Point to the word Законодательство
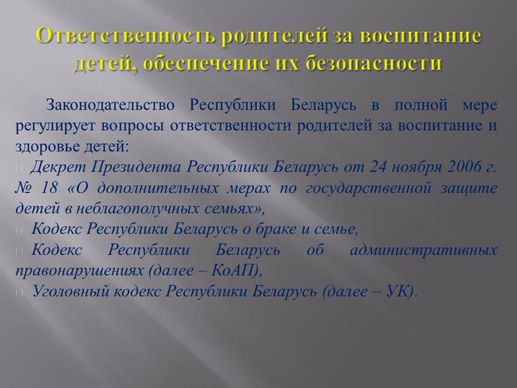tap(110, 105)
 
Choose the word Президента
tap(136, 167)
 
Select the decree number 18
tap(50, 188)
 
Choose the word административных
tap(423, 250)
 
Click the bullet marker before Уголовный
tap(19, 293)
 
